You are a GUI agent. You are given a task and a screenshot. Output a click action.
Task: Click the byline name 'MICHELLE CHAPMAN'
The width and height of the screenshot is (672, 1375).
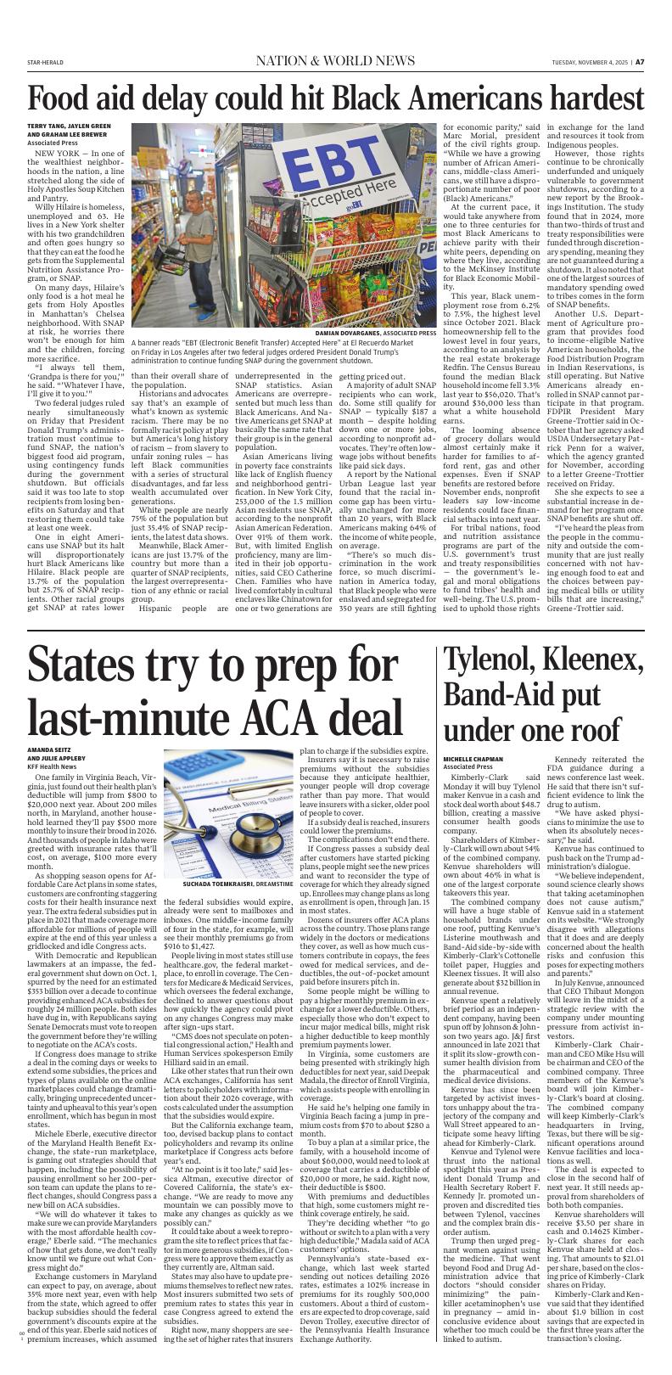click(473, 759)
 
